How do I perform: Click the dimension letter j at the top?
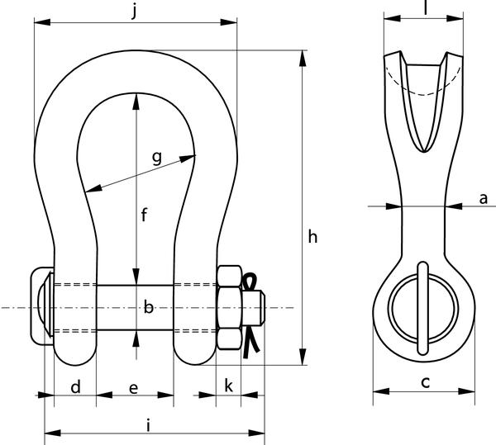coord(135,12)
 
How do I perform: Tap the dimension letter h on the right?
coord(312,237)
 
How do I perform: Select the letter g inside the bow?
coord(157,158)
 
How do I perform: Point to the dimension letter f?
coord(144,215)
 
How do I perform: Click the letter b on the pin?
coord(148,307)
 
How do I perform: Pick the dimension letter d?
coord(75,386)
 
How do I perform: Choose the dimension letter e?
coord(133,388)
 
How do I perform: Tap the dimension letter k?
coord(228,386)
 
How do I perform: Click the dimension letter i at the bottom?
coord(148,425)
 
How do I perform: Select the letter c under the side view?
coord(426,382)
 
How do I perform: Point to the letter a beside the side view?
coord(484,199)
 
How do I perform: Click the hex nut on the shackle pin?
coord(230,308)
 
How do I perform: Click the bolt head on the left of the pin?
coord(42,306)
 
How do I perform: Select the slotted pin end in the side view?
coord(422,308)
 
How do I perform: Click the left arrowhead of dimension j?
coord(42,22)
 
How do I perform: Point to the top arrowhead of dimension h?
coord(303,59)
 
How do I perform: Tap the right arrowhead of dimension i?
coord(256,433)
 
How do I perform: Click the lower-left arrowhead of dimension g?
coord(94,188)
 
